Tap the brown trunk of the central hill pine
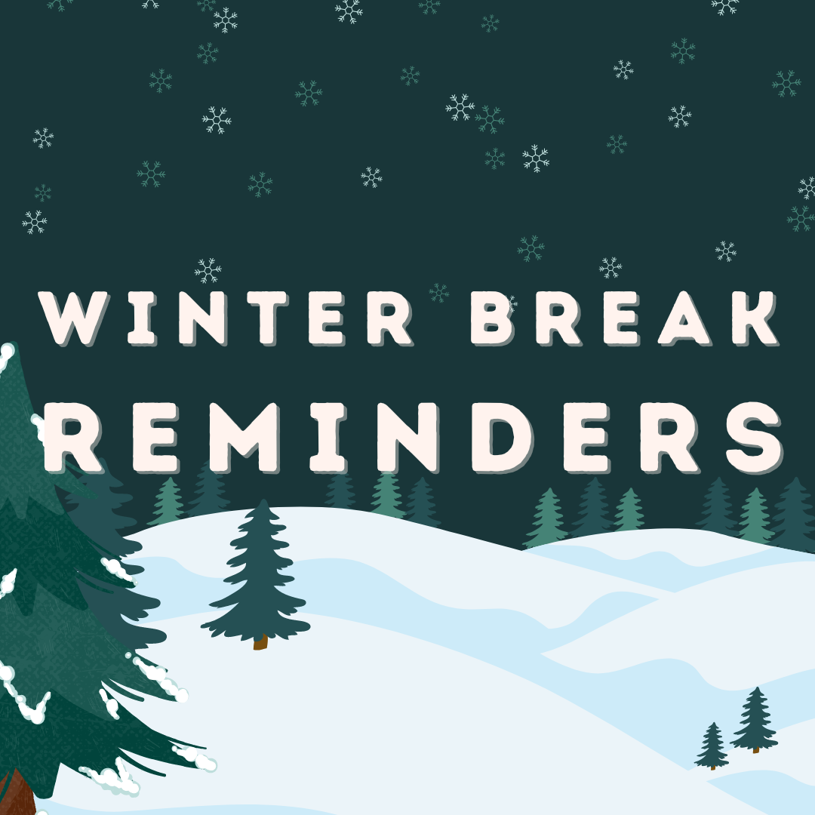click(260, 642)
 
